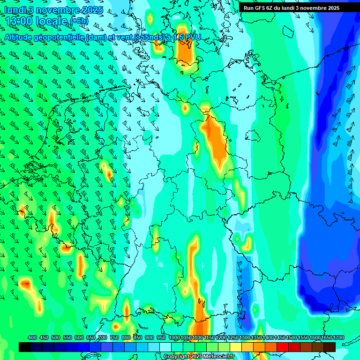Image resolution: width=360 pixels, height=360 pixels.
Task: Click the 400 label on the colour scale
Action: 32,338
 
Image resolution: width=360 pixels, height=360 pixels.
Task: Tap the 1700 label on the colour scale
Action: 326,338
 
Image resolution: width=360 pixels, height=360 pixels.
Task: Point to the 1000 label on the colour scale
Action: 174,338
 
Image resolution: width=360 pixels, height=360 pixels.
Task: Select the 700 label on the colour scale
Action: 103,338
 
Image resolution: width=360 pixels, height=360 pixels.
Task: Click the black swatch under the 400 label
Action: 25,347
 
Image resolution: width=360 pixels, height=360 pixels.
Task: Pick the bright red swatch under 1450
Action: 283,347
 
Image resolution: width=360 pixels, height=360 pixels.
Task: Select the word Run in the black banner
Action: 249,7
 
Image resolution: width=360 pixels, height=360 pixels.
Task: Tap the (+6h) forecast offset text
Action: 78,22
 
